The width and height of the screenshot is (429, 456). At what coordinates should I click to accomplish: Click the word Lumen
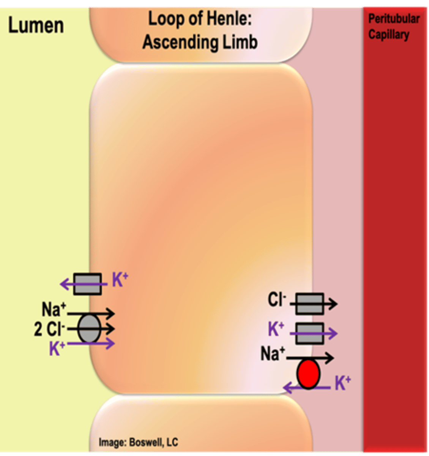tap(36, 26)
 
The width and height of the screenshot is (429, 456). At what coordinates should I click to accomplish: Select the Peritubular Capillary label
tap(393, 27)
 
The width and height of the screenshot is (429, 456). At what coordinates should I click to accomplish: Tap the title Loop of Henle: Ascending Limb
tap(200, 30)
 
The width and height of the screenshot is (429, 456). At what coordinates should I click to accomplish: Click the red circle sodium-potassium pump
tap(308, 374)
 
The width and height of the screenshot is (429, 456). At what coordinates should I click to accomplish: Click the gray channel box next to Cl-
tap(309, 304)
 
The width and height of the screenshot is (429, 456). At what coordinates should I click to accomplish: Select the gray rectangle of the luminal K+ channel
tap(87, 284)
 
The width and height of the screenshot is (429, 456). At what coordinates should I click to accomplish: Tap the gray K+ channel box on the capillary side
tap(309, 333)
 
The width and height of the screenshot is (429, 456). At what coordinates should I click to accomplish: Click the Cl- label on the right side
tap(276, 299)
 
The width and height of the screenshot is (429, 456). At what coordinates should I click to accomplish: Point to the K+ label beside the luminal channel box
tap(120, 280)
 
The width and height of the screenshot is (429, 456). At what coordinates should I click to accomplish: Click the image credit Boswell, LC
tap(138, 442)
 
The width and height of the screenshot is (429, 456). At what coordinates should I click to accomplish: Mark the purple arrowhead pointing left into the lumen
tap(65, 284)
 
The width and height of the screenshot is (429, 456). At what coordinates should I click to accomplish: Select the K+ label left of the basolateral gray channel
tap(276, 329)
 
